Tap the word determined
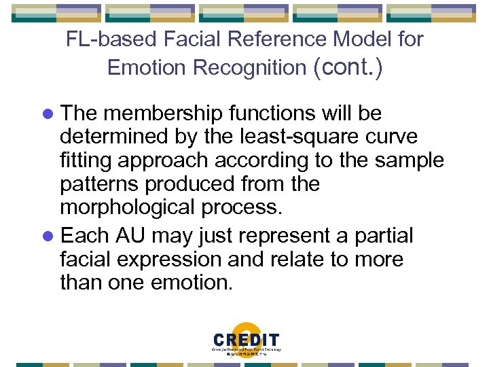click(109, 137)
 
